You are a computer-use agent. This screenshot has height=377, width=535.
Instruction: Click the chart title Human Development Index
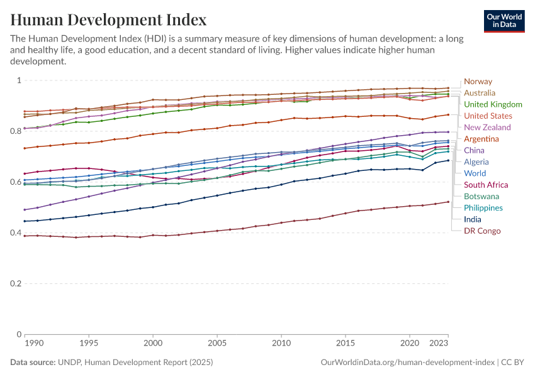click(x=109, y=20)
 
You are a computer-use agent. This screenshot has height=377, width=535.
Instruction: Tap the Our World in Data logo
click(x=505, y=20)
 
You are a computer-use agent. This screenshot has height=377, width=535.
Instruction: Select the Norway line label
click(x=478, y=82)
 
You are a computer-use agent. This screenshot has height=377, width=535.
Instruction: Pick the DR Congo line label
click(x=482, y=231)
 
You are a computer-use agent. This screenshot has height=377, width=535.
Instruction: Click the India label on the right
click(x=473, y=219)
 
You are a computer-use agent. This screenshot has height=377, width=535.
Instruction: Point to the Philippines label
click(x=483, y=208)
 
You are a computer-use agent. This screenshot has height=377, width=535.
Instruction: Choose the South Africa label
click(x=486, y=185)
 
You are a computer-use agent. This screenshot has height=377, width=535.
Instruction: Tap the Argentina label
click(x=481, y=139)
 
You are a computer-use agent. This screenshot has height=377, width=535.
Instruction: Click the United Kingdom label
click(x=493, y=104)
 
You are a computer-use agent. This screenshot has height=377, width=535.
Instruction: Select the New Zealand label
click(x=487, y=128)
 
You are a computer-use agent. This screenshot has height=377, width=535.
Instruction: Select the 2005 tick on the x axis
click(x=217, y=344)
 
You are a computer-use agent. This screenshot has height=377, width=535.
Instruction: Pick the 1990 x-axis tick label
click(x=34, y=344)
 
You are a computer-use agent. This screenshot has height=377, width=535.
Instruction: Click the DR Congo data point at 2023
click(x=448, y=202)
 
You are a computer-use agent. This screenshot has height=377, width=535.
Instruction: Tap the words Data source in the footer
click(x=33, y=363)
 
